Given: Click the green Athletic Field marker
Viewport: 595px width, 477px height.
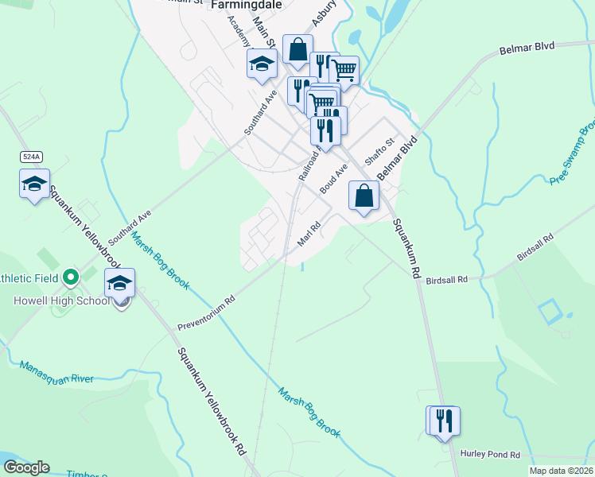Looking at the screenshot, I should [x=70, y=277].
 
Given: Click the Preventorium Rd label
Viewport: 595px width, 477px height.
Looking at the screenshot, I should [x=208, y=313].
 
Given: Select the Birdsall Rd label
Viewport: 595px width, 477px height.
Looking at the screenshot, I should [x=447, y=281].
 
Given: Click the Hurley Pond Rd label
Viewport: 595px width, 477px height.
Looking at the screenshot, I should [x=490, y=454].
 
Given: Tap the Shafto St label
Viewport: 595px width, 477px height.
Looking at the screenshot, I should [x=379, y=149].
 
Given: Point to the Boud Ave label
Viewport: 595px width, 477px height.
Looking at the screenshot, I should [x=334, y=179].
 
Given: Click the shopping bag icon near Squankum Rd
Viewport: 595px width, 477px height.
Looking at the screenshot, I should [x=364, y=195].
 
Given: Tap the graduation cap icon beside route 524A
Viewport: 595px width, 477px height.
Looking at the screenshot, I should [x=34, y=184].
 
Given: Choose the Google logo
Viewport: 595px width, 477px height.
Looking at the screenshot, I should [x=26, y=467].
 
